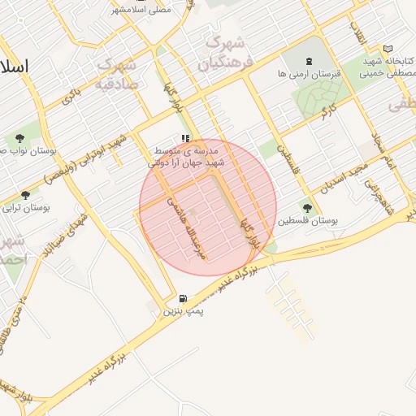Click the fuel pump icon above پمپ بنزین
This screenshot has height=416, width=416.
point(183,298)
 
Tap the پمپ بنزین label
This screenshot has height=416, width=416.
point(184,310)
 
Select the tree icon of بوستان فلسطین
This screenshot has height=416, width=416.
point(307,207)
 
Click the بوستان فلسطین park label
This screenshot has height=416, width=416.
point(307,220)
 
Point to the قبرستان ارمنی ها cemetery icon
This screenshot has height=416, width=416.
point(309,62)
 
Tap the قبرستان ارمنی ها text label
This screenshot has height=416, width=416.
point(309,74)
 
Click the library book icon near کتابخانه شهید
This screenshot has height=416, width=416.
point(388,49)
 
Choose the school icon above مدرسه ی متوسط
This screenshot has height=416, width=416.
point(186,139)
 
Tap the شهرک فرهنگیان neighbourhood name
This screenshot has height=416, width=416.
point(226,50)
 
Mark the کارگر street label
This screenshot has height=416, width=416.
point(328,110)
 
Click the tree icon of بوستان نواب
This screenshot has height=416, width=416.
point(19,138)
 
